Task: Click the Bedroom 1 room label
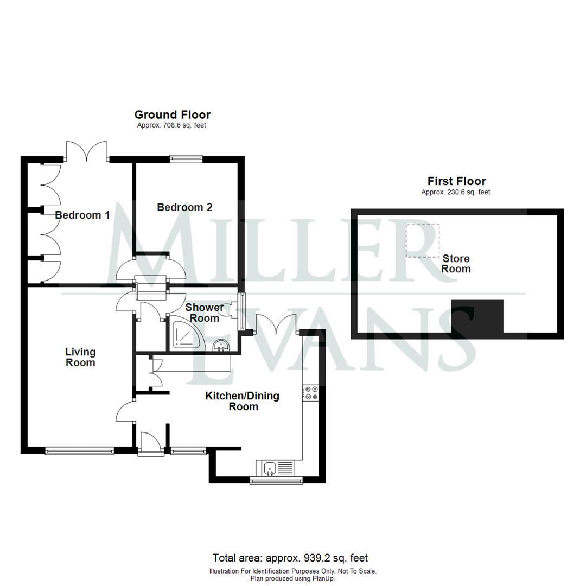[82, 215]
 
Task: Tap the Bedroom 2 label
[184, 207]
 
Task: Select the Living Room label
[80, 358]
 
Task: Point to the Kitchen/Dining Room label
[242, 401]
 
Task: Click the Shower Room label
[205, 313]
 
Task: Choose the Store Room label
[456, 264]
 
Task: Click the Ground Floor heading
[173, 114]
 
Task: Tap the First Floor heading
[456, 181]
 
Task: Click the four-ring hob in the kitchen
[311, 393]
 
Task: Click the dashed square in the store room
[423, 240]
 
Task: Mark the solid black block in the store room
[477, 315]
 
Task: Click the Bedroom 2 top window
[186, 158]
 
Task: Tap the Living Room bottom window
[79, 450]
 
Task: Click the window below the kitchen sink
[277, 480]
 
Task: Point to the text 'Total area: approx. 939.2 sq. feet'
[290, 558]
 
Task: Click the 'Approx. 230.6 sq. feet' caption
[456, 192]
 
